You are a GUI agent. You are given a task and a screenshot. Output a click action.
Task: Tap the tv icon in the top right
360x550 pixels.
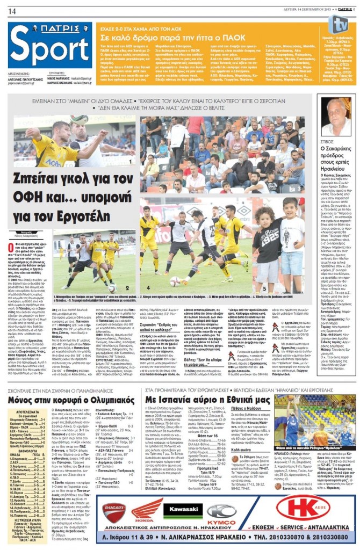339,24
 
